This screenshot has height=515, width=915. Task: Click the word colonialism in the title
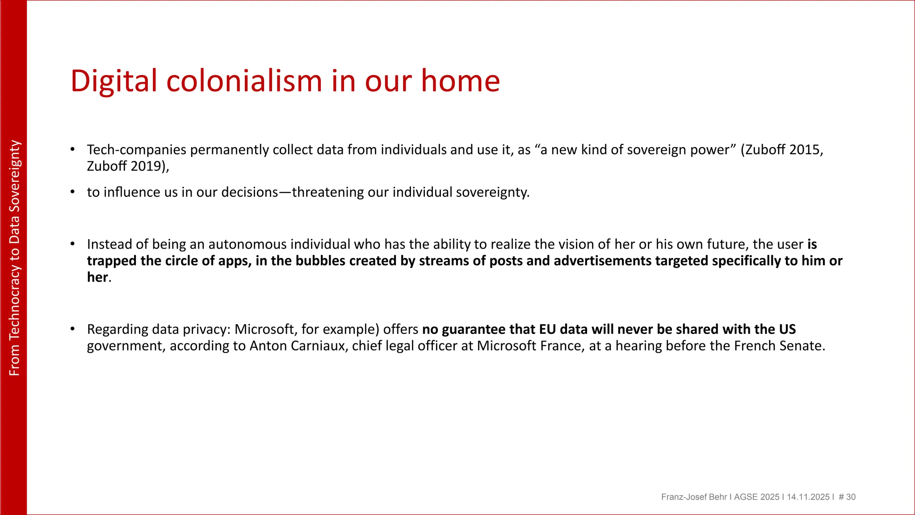point(244,81)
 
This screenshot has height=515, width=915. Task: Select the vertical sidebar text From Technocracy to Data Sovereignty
point(14,258)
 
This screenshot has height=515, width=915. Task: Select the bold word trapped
point(112,261)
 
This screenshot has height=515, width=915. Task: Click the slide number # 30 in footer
point(847,497)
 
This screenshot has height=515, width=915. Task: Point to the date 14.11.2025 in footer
point(808,497)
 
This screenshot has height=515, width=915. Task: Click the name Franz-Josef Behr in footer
point(694,497)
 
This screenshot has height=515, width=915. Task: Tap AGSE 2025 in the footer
point(756,497)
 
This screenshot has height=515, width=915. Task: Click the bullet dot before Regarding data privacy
point(72,329)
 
